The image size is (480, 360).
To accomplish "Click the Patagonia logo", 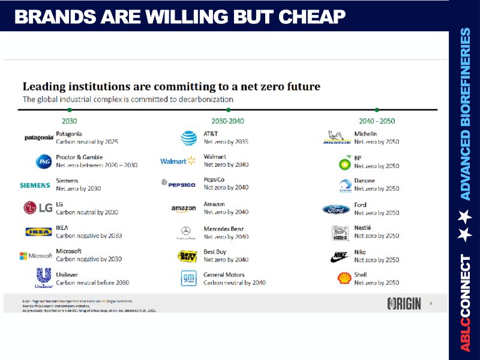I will click(39, 137).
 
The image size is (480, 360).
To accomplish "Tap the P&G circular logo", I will click(43, 161).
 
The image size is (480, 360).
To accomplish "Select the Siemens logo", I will click(35, 185).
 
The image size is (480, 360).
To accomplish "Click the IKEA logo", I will click(38, 232).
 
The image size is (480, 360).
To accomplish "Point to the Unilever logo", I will click(44, 278).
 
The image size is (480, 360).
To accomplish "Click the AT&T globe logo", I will click(188, 138).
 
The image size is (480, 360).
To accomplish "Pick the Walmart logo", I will click(178, 161).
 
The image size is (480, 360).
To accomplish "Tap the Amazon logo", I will click(184, 209).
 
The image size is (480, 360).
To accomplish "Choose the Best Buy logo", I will click(187, 256).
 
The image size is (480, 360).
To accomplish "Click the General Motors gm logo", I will click(188, 278).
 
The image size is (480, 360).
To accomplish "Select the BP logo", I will click(344, 163).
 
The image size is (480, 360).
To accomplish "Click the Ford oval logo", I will click(336, 209).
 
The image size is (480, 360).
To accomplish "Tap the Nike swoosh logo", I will click(339, 256).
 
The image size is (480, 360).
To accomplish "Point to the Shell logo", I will click(344, 278).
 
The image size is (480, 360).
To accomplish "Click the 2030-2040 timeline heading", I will click(227, 121).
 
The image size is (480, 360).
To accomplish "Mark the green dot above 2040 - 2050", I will click(377, 110).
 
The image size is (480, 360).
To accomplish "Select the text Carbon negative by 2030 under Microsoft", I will click(89, 259).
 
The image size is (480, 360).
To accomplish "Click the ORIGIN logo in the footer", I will click(404, 304).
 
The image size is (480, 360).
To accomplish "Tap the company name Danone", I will click(365, 181).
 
